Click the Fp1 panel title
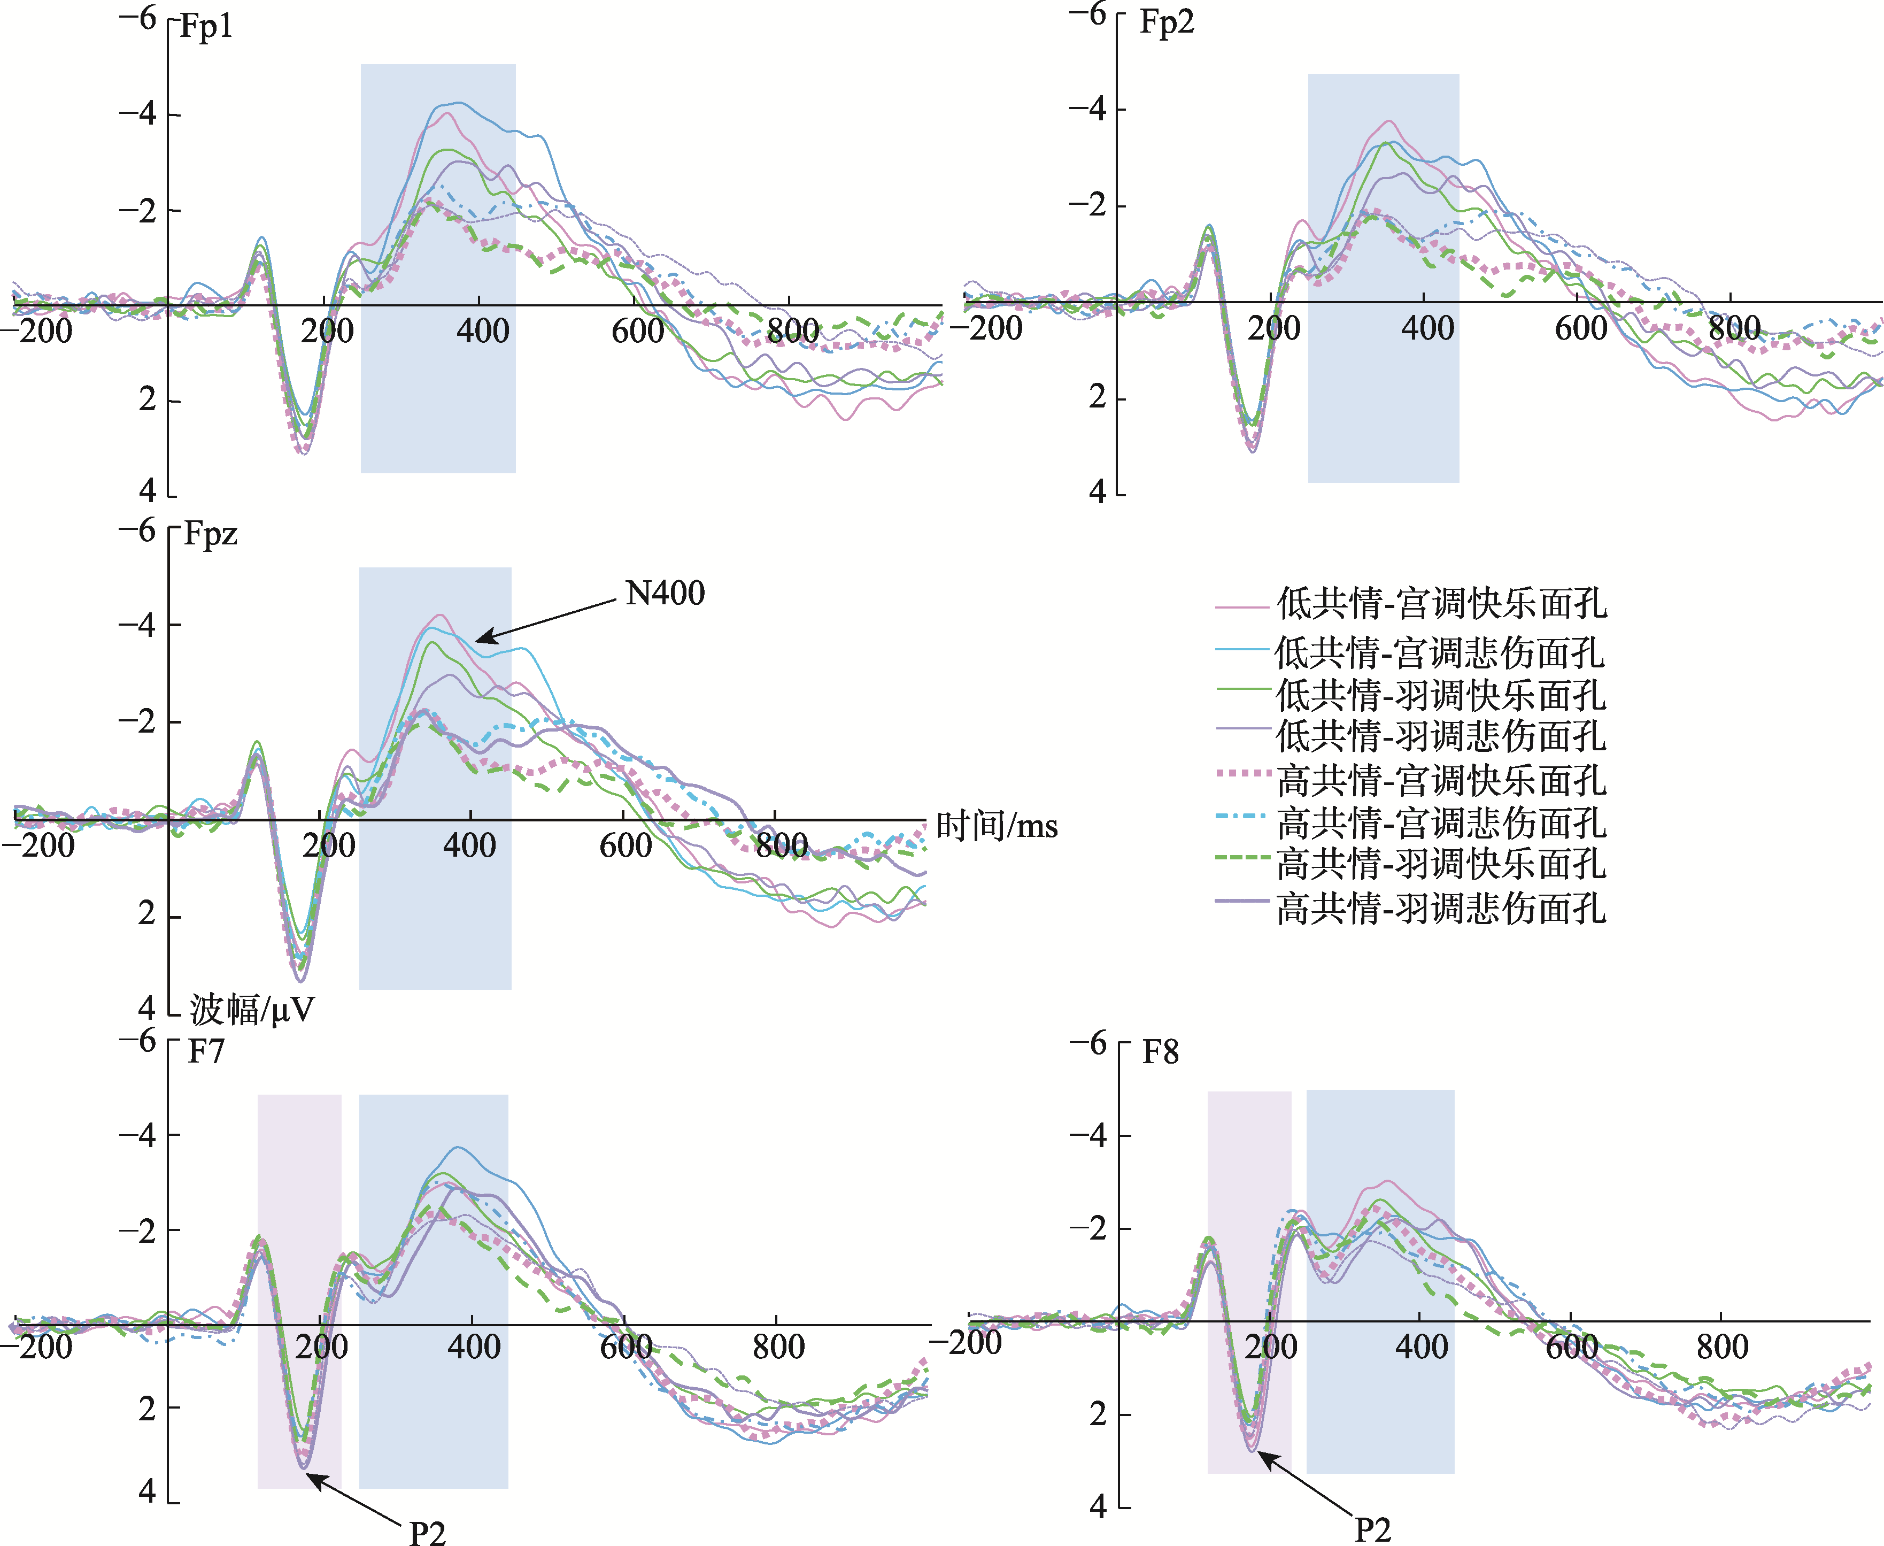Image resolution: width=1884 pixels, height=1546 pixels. pos(206,27)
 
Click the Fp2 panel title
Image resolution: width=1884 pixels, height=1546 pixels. pos(1167,22)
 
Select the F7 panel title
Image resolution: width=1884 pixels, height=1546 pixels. pos(206,1052)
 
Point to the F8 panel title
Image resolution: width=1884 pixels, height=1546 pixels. pos(1160,1052)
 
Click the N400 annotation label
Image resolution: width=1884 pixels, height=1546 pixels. pos(665,593)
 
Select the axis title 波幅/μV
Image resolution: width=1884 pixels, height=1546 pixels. pos(252,1010)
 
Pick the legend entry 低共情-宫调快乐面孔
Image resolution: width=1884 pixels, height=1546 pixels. pos(1441,604)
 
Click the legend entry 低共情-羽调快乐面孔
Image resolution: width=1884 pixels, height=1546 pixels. pos(1441,695)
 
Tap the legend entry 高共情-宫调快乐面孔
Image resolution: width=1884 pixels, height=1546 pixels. pos(1441,780)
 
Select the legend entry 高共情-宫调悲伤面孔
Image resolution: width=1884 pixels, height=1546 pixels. pos(1441,822)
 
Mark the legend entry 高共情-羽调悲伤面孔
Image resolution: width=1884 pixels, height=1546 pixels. pos(1441,909)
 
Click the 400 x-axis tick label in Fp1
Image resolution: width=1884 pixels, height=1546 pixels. pos(483,332)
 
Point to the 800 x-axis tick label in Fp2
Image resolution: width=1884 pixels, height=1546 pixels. pos(1734,328)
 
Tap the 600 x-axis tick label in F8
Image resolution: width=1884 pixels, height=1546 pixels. pos(1571,1347)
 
